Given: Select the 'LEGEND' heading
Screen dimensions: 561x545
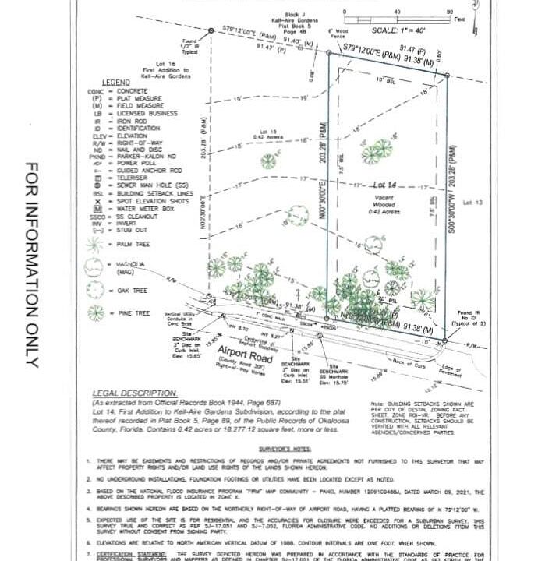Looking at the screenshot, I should pos(115,82).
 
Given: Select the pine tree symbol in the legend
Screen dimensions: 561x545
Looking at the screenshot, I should pos(95,312).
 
